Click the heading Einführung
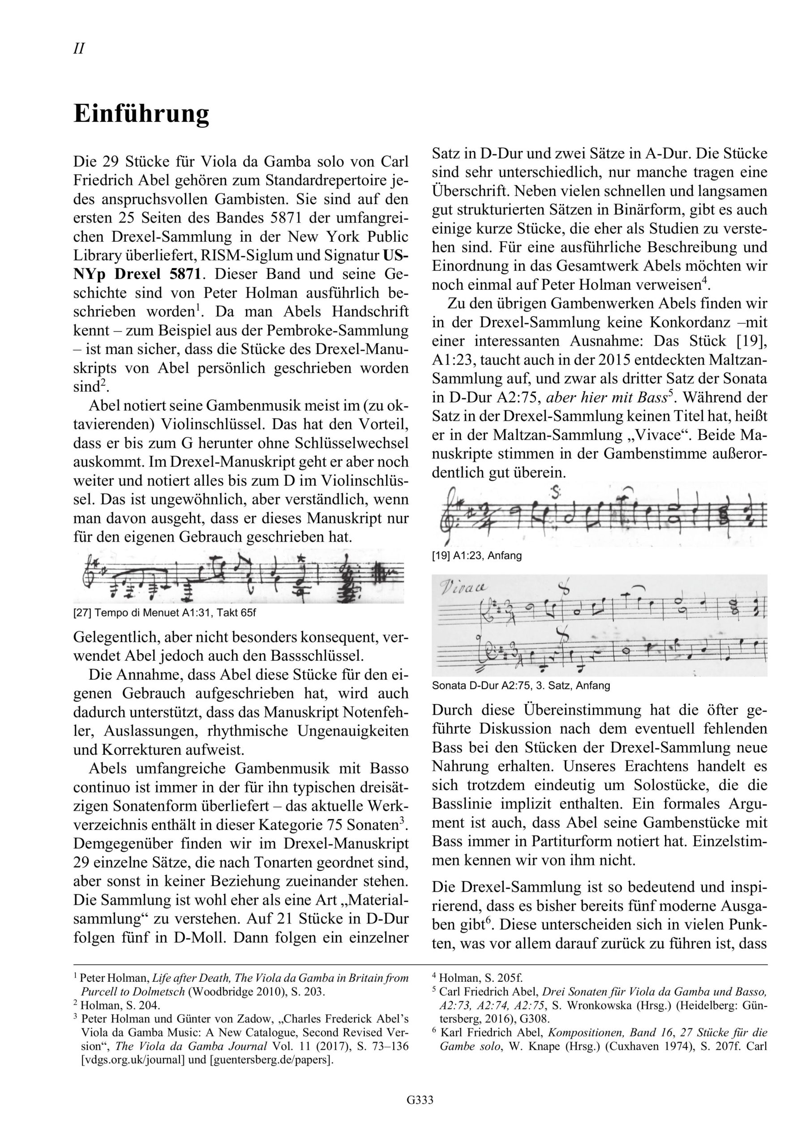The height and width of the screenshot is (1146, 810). click(141, 114)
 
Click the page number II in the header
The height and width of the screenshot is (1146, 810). click(79, 49)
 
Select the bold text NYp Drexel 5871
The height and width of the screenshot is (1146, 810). click(137, 274)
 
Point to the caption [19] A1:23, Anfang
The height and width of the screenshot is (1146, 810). click(476, 556)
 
